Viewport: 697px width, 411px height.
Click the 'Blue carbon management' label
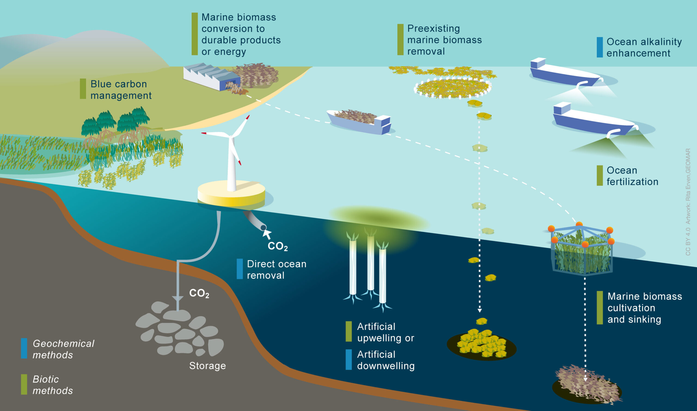(x=121, y=89)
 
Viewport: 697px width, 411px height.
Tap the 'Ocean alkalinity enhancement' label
(x=643, y=47)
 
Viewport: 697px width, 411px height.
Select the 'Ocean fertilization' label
(x=632, y=176)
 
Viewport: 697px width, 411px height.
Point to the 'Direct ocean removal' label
(x=276, y=269)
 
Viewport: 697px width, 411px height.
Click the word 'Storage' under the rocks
(x=207, y=366)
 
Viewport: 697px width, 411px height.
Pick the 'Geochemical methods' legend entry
(x=63, y=349)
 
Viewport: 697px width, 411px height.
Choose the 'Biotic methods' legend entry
(x=53, y=385)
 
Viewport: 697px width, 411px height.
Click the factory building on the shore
(x=211, y=76)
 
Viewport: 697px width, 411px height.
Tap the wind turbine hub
(x=230, y=136)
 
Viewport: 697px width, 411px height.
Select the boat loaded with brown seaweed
(x=359, y=122)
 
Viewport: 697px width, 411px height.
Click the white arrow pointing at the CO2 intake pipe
(x=267, y=234)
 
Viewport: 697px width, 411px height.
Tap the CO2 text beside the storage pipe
(x=199, y=293)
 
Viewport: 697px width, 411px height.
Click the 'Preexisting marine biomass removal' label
(x=444, y=40)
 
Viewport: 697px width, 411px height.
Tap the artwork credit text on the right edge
(x=688, y=202)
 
